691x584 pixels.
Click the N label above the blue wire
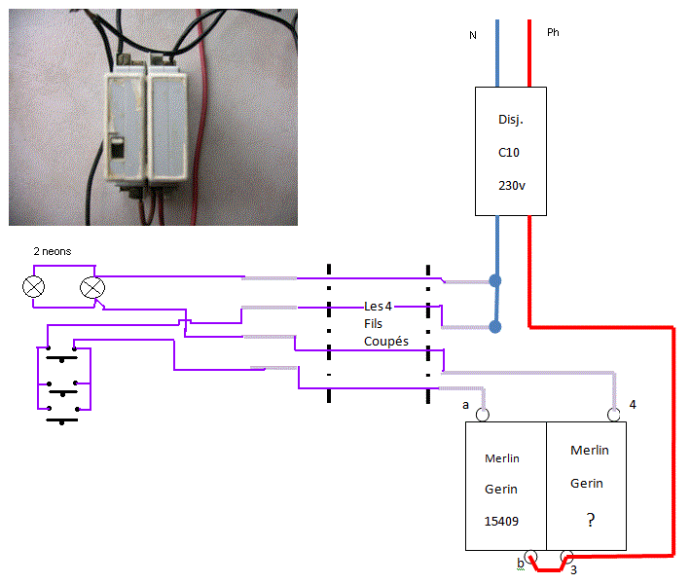473,35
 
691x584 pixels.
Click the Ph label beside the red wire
553,32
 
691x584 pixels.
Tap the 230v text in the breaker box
511,185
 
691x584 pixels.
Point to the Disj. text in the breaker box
511,121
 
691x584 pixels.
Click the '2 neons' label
52,251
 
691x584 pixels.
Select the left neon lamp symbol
34,287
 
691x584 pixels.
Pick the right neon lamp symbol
92,287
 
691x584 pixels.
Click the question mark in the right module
590,521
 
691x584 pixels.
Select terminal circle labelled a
482,416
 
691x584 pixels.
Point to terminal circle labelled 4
614,416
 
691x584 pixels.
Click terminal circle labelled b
531,556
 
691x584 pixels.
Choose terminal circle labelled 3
566,556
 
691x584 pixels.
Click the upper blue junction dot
495,281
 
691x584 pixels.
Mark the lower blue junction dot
495,327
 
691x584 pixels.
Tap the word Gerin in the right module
587,483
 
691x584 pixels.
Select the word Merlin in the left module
500,458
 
